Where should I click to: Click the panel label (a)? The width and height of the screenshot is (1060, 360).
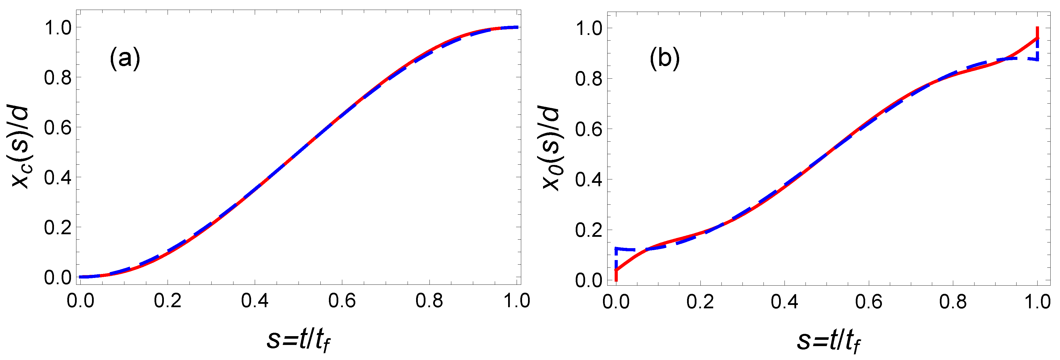coord(125,58)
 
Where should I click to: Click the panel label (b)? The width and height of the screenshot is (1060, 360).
coord(664,58)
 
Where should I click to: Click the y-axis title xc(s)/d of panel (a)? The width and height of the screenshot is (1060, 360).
coord(20,147)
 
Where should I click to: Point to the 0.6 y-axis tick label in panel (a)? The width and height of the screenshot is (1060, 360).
coord(58,127)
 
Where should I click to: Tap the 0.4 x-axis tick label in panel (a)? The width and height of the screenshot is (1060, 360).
coord(255,301)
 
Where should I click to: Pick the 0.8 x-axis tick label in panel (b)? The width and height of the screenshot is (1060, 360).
coord(953,302)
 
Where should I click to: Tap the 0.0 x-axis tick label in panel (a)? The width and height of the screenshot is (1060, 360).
coord(80,301)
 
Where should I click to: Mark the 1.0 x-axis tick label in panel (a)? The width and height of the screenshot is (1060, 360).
coord(517,301)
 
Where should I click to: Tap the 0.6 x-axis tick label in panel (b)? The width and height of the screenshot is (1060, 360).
coord(869,302)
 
